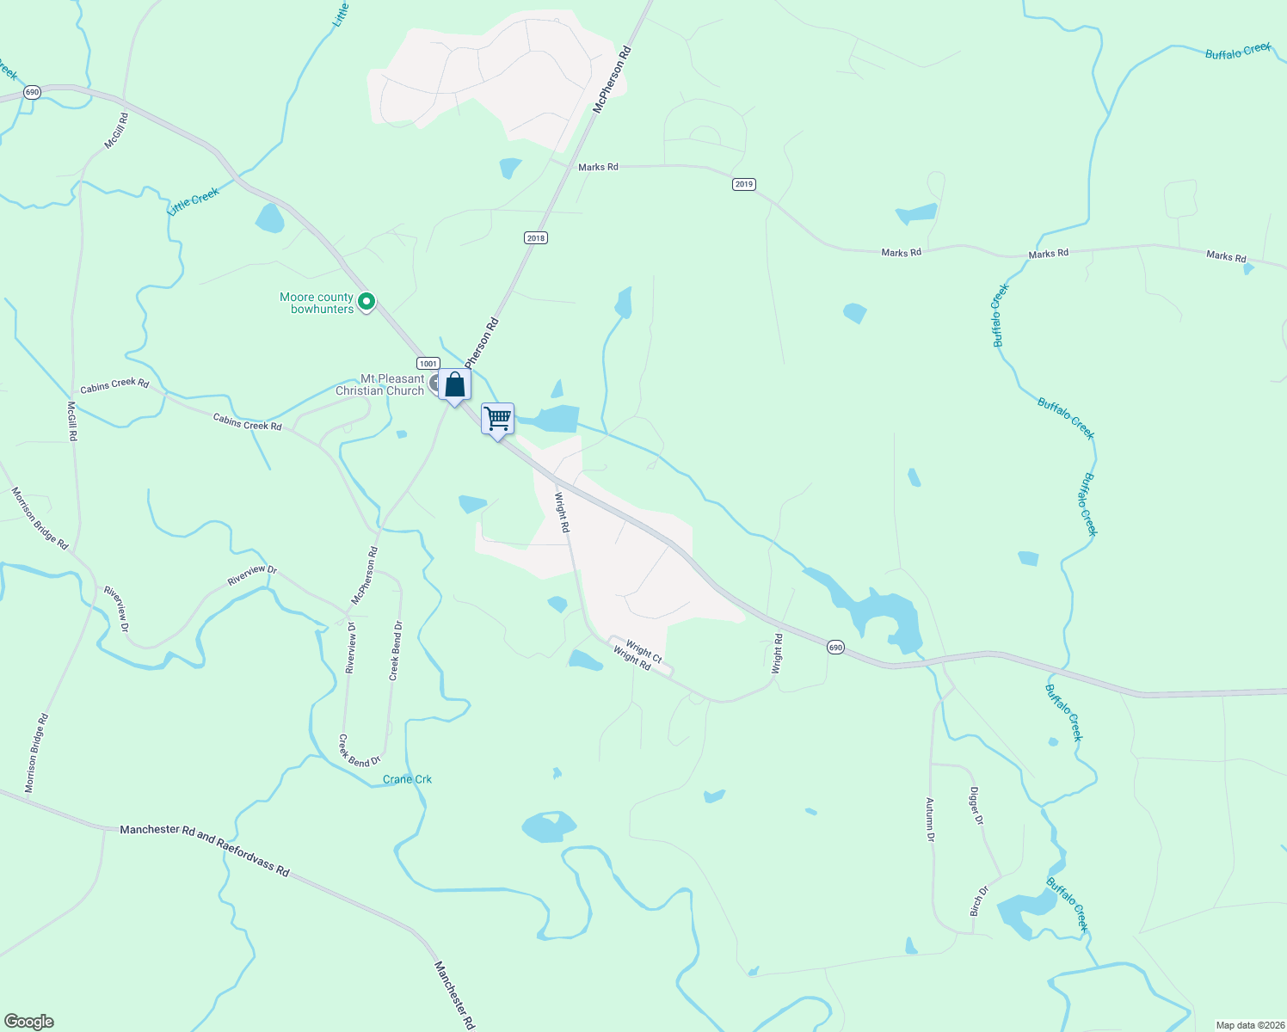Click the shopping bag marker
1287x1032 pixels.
(x=454, y=386)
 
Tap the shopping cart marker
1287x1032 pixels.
(x=498, y=419)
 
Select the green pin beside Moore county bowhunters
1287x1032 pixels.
(x=366, y=302)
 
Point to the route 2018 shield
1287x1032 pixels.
(x=536, y=238)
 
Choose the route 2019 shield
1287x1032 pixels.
(x=744, y=184)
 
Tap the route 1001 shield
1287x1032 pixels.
(x=428, y=364)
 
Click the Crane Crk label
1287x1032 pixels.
(x=407, y=780)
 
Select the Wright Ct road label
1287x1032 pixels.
(x=643, y=651)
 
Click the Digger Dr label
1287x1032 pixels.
(x=976, y=806)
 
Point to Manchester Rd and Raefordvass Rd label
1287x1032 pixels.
(x=205, y=850)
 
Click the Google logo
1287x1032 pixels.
(x=29, y=1022)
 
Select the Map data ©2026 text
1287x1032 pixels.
(x=1248, y=1025)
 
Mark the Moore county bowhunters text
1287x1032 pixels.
(x=317, y=304)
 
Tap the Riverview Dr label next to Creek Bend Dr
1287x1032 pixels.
(x=351, y=648)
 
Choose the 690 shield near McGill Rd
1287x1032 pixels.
(x=32, y=93)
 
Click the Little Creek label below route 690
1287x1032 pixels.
(x=194, y=201)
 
